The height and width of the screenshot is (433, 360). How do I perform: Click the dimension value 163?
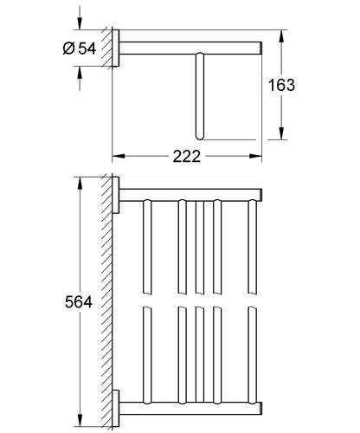(281, 85)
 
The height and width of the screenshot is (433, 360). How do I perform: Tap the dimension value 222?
(187, 157)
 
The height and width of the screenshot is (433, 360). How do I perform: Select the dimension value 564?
(79, 302)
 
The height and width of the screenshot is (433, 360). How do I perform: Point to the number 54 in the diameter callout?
(87, 48)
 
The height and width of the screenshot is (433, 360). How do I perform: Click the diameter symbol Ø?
(69, 48)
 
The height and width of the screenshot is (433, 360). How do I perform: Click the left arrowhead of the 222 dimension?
(119, 156)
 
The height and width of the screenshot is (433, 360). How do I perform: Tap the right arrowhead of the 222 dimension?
(255, 156)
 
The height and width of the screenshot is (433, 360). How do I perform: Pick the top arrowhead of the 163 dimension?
(282, 36)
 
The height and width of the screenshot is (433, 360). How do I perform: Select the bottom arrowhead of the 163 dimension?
(282, 133)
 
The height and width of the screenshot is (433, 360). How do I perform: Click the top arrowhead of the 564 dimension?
(80, 183)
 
